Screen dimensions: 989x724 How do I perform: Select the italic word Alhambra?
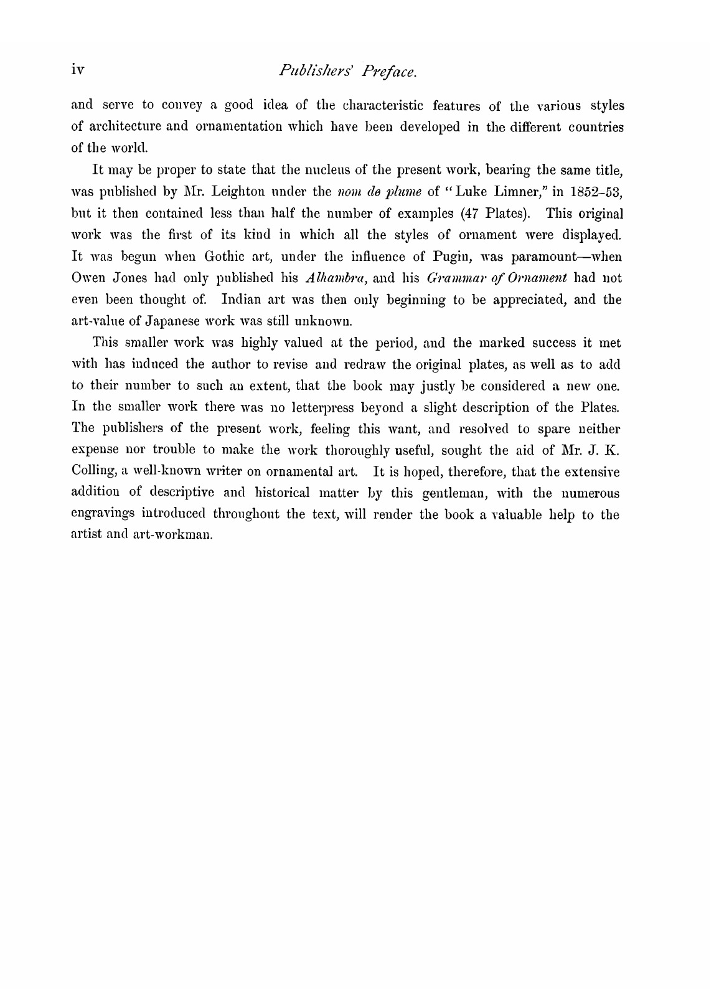point(337,278)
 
